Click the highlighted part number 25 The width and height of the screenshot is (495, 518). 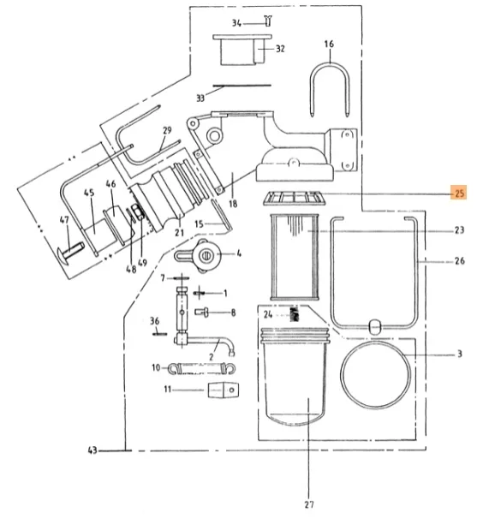tap(459, 193)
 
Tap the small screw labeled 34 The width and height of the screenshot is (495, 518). tap(268, 21)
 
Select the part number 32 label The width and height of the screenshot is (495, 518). tap(280, 49)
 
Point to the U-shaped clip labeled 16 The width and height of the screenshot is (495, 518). tap(330, 65)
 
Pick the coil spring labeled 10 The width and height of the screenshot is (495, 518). tap(202, 368)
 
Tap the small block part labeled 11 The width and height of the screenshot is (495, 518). tap(224, 390)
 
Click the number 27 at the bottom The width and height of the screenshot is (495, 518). tap(308, 504)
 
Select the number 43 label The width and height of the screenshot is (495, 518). tap(92, 450)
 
